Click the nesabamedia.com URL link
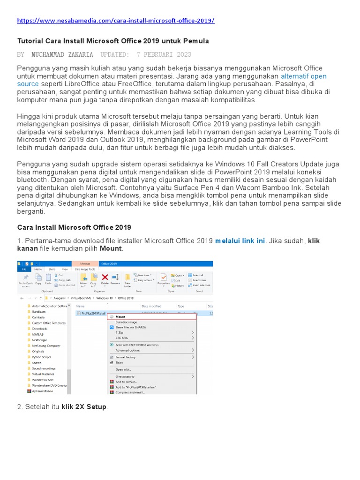116,21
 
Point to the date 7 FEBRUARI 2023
164,54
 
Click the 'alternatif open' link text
303,76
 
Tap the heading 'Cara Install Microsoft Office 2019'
74,227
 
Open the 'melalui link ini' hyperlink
240,241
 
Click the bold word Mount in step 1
111,248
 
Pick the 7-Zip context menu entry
120,332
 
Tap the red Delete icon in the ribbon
105,278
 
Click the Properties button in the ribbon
163,280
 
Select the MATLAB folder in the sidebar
38,334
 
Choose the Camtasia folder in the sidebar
39,317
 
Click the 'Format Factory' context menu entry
126,357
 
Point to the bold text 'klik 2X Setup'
84,407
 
